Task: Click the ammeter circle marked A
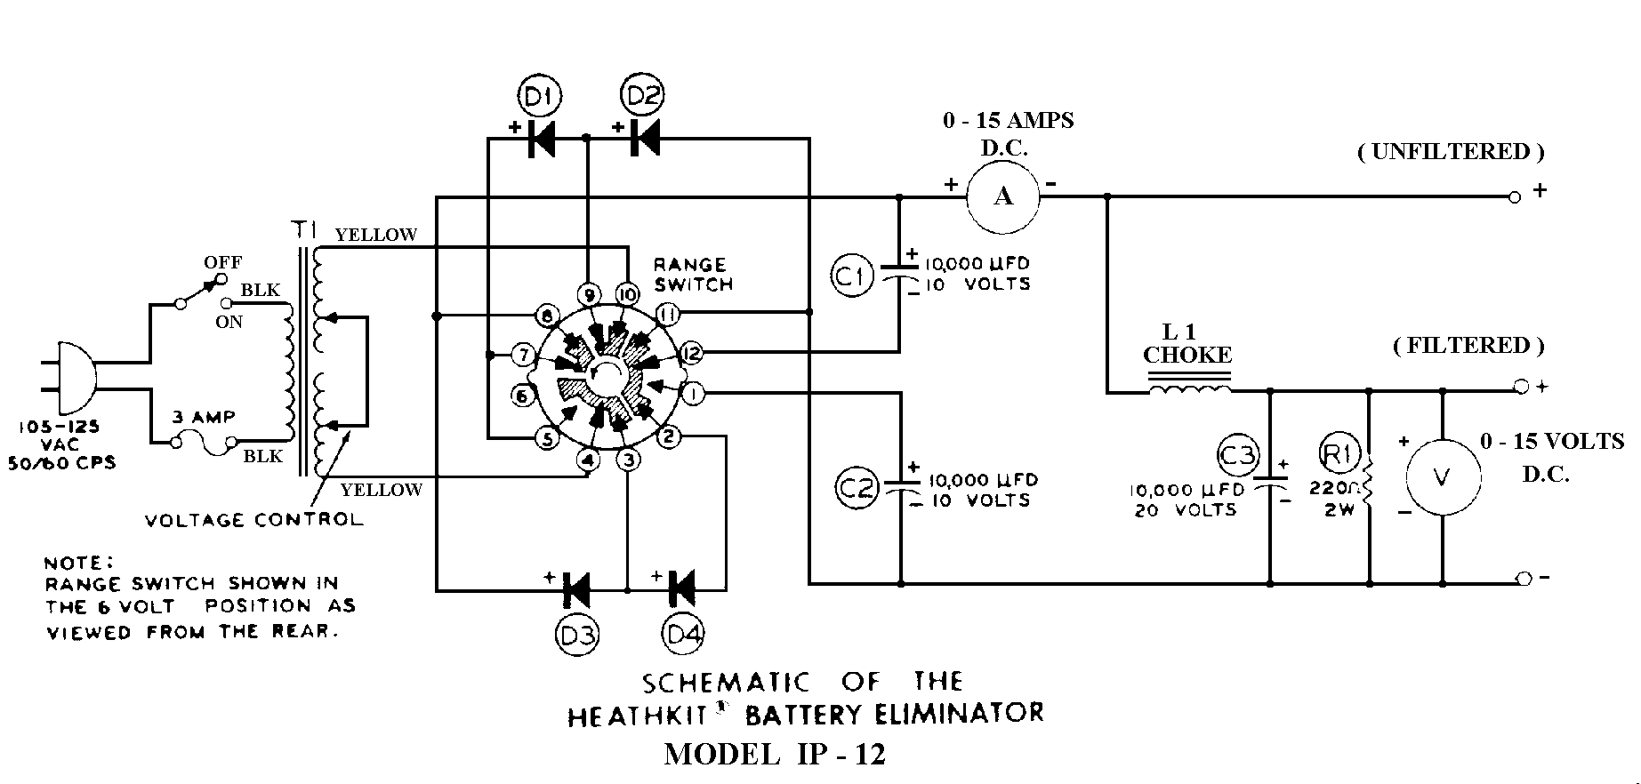point(1003,196)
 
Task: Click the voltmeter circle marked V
point(1442,477)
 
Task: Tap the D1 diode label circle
point(537,96)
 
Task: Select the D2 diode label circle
point(643,95)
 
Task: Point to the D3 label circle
point(577,634)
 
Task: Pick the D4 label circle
point(682,634)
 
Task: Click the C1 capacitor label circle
point(852,277)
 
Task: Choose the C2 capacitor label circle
point(857,488)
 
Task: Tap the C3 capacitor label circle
point(1237,455)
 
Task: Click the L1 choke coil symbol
point(1190,389)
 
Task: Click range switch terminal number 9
point(587,294)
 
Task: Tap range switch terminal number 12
point(691,354)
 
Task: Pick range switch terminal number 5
point(547,437)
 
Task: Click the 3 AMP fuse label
point(203,417)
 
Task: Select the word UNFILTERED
point(1451,152)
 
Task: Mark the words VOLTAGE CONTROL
point(254,520)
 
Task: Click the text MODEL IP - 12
point(775,755)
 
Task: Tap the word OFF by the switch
point(222,263)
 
